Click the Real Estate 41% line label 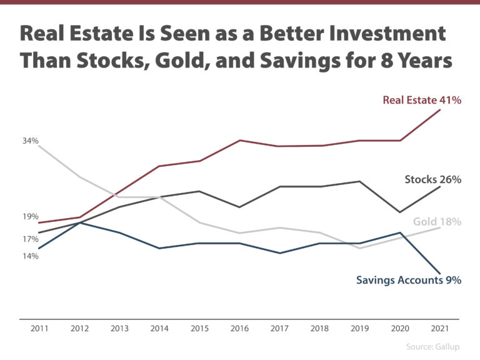click(422, 100)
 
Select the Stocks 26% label click(433, 180)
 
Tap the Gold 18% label click(437, 222)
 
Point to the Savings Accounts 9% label click(409, 280)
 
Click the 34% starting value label click(31, 141)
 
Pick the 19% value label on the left click(31, 216)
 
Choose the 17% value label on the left click(31, 239)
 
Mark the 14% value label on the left click(31, 256)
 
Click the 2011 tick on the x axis click(39, 329)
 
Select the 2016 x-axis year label click(239, 329)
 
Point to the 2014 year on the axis click(159, 329)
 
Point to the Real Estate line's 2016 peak click(240, 141)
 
